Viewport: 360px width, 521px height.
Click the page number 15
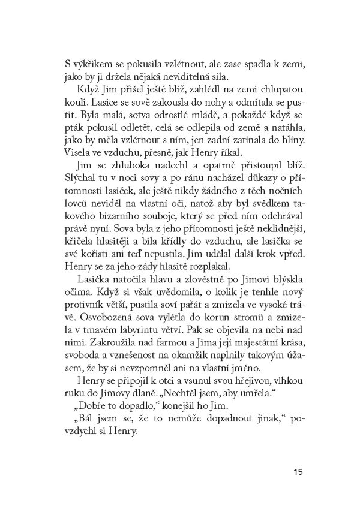coord(298,471)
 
